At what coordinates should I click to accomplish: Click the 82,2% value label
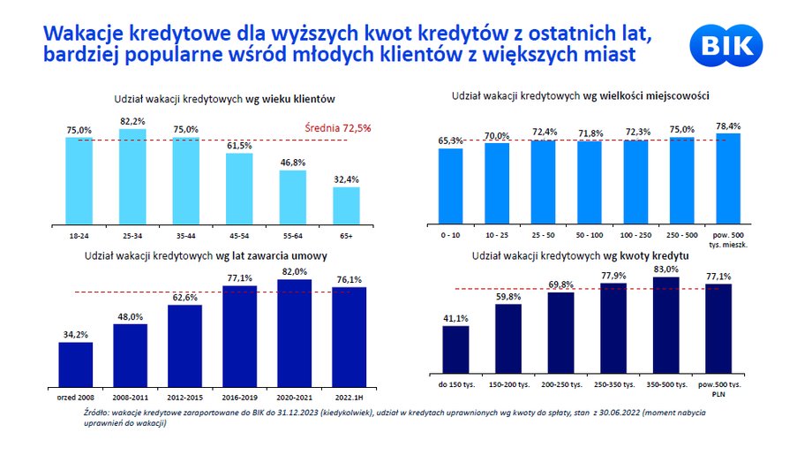tap(132, 121)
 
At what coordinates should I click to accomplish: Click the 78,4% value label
tap(728, 125)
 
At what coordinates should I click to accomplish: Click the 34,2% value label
tap(76, 334)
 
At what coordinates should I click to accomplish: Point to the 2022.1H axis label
tap(349, 398)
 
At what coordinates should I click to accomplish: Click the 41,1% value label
tap(455, 318)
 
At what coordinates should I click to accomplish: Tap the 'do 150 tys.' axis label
tap(456, 386)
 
